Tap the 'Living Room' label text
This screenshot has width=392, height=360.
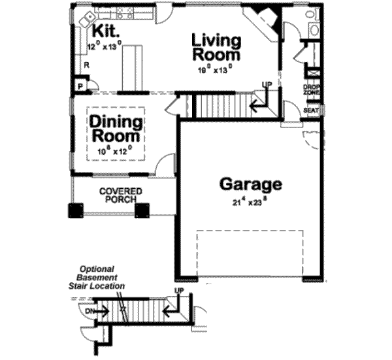(x=216, y=48)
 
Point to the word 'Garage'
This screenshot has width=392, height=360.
(x=250, y=184)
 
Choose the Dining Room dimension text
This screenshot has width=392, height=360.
(x=114, y=151)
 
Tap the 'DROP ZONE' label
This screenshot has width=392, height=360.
(x=311, y=90)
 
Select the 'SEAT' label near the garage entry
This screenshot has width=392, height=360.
(x=311, y=110)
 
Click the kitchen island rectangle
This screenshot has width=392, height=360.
(x=134, y=67)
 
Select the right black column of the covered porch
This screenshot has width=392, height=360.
(x=142, y=210)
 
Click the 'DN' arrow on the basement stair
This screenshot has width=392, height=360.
(x=91, y=311)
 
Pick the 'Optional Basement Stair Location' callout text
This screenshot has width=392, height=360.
(x=101, y=277)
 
